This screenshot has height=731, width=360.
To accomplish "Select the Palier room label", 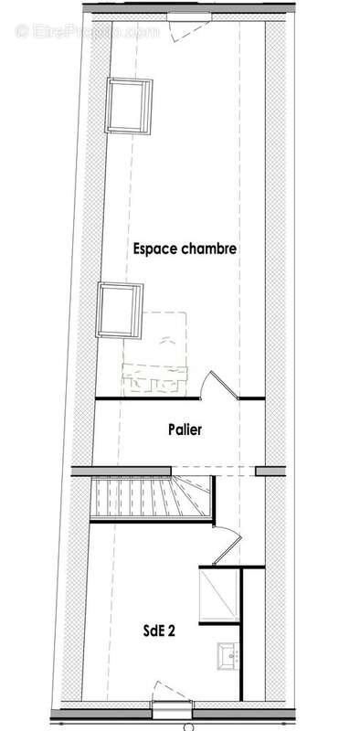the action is [x=185, y=429].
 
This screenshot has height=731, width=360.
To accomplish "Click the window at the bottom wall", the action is [x=172, y=708].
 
